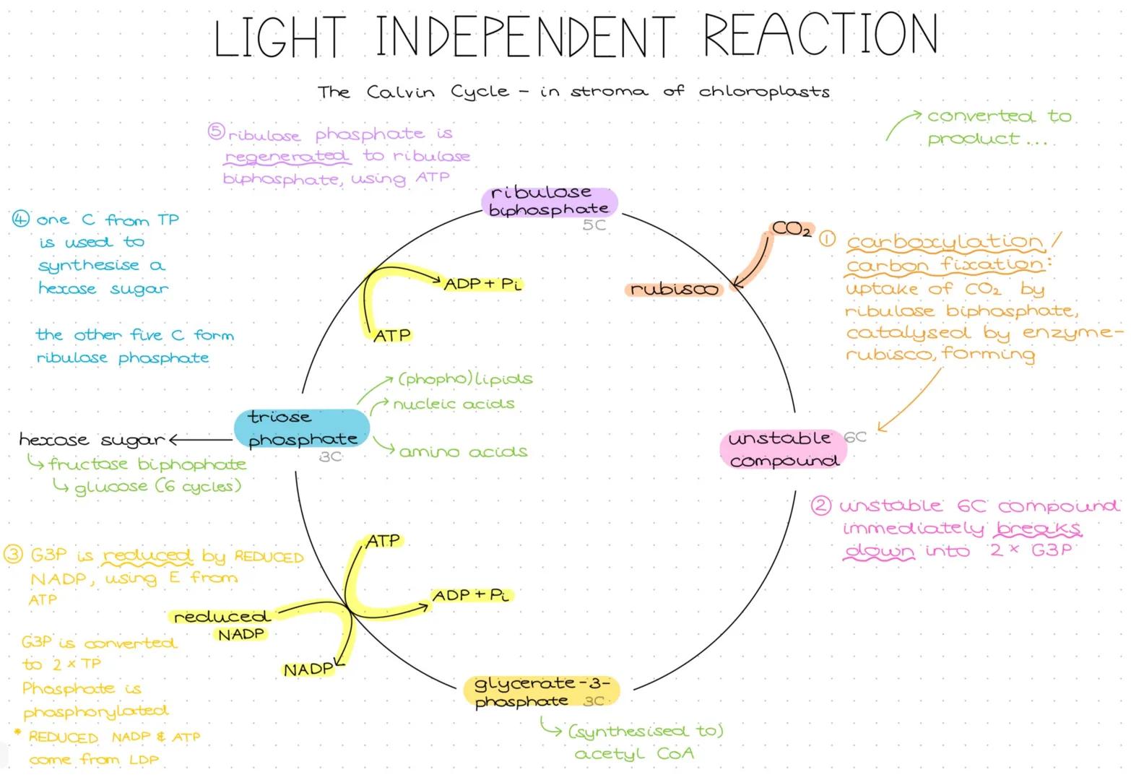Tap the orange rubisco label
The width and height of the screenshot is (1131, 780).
click(x=674, y=290)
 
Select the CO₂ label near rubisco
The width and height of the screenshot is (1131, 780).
click(x=792, y=229)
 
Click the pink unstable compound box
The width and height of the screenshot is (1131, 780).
click(x=783, y=449)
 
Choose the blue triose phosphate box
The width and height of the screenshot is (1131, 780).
click(x=302, y=428)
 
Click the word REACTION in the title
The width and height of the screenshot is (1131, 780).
click(x=820, y=35)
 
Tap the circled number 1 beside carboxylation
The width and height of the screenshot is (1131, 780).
click(x=827, y=239)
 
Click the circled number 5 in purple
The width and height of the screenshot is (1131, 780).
click(x=216, y=131)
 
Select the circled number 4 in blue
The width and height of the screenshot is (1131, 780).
click(x=21, y=218)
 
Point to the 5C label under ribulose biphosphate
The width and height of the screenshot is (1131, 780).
click(x=594, y=225)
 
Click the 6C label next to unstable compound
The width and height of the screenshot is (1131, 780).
click(x=854, y=437)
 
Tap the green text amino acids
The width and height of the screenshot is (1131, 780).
click(x=463, y=452)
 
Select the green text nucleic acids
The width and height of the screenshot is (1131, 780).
click(x=454, y=404)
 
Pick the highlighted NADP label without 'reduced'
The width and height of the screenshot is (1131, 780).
click(x=308, y=669)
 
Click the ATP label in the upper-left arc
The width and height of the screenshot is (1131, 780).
click(x=392, y=335)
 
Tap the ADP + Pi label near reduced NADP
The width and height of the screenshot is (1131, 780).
click(x=471, y=595)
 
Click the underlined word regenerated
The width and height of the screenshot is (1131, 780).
click(x=287, y=157)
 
